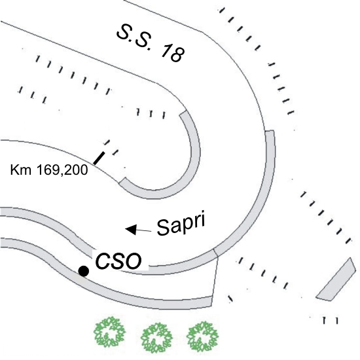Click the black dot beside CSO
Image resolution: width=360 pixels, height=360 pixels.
(x=84, y=271)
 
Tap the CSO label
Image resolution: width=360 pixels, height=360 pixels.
(x=118, y=261)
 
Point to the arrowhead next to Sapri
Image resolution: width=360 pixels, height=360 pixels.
(x=131, y=229)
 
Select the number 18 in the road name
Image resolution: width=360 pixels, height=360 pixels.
(x=173, y=54)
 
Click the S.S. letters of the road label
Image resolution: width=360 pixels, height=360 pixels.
(x=134, y=37)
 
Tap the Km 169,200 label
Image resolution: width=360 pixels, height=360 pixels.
(x=49, y=170)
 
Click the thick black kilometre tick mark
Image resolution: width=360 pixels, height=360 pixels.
(x=99, y=158)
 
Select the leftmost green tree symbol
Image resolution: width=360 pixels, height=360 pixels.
(x=110, y=332)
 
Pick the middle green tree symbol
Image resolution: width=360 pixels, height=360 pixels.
(x=156, y=338)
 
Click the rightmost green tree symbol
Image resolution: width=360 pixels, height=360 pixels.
(x=202, y=336)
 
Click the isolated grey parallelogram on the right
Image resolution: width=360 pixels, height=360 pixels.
(x=336, y=279)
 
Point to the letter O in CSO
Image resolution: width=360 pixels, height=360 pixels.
(x=133, y=261)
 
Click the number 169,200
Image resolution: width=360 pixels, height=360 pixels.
(x=62, y=170)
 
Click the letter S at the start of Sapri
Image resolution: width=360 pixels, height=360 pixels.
(x=164, y=228)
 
